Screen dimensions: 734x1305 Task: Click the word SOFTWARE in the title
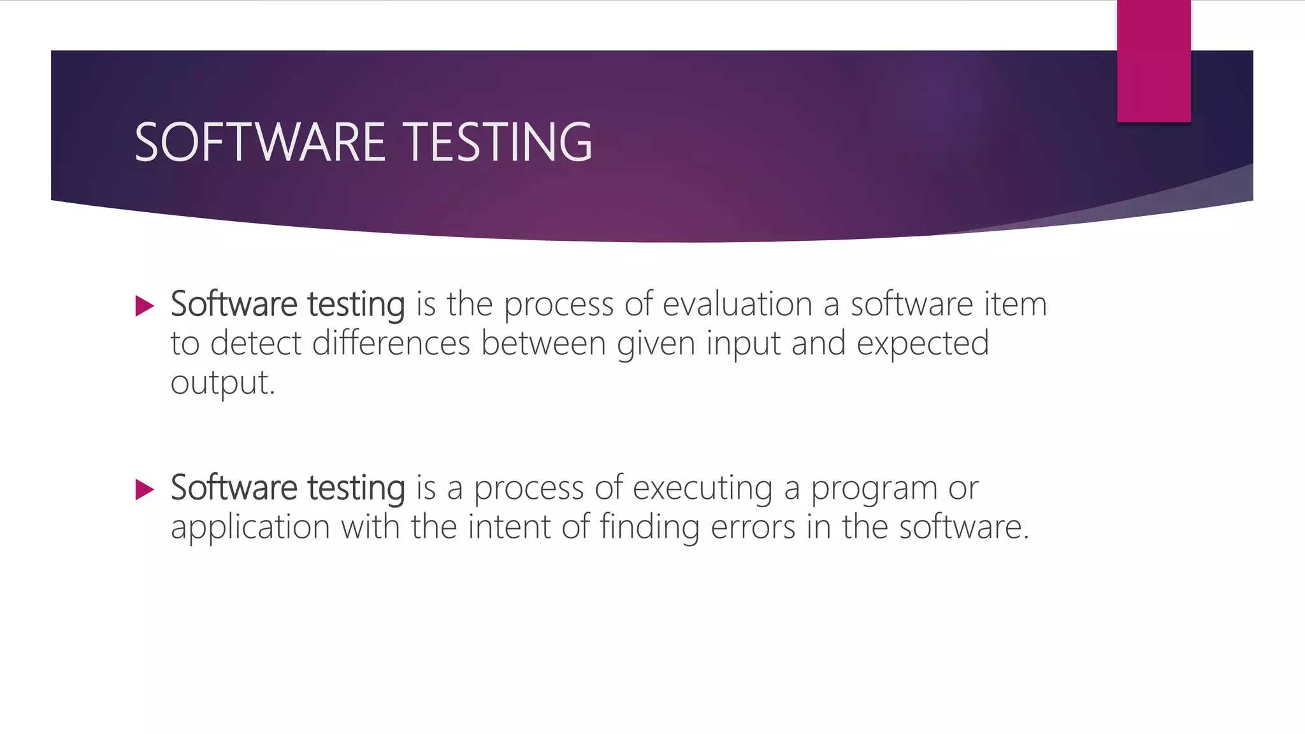point(260,143)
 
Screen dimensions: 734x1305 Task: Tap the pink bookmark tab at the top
point(1153,61)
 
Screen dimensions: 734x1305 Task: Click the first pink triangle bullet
point(145,306)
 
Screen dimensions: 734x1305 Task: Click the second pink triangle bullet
point(145,489)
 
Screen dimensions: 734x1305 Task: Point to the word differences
point(391,343)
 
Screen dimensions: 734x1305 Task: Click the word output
point(222,383)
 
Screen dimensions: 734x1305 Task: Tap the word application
point(250,528)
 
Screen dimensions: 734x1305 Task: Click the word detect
point(256,343)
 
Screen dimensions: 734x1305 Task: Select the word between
point(543,343)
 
